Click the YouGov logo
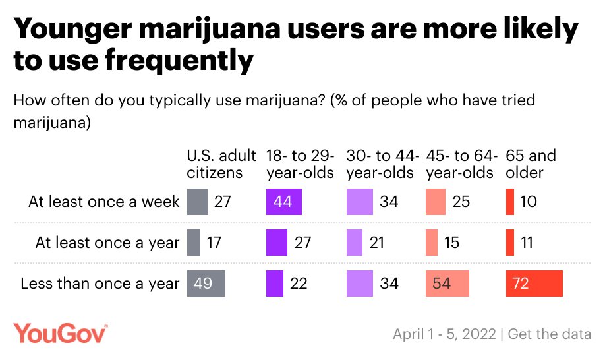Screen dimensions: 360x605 pyautogui.click(x=61, y=333)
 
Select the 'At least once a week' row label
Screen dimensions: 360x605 pyautogui.click(x=103, y=202)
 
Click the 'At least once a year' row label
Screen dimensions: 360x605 pyautogui.click(x=107, y=243)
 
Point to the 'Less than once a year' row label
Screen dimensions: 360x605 pyautogui.click(x=100, y=284)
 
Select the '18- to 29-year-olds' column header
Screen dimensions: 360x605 pyautogui.click(x=301, y=164)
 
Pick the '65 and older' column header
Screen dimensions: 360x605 pyautogui.click(x=531, y=164)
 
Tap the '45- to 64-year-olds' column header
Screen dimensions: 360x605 pyautogui.click(x=460, y=164)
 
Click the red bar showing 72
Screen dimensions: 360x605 pyautogui.click(x=534, y=284)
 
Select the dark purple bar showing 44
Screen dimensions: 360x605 pyautogui.click(x=283, y=202)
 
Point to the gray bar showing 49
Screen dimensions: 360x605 pyautogui.click(x=206, y=284)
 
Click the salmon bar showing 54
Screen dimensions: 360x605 pyautogui.click(x=447, y=284)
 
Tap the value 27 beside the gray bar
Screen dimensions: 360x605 pyautogui.click(x=223, y=202)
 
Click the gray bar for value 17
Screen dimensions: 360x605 pyautogui.click(x=194, y=243)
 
